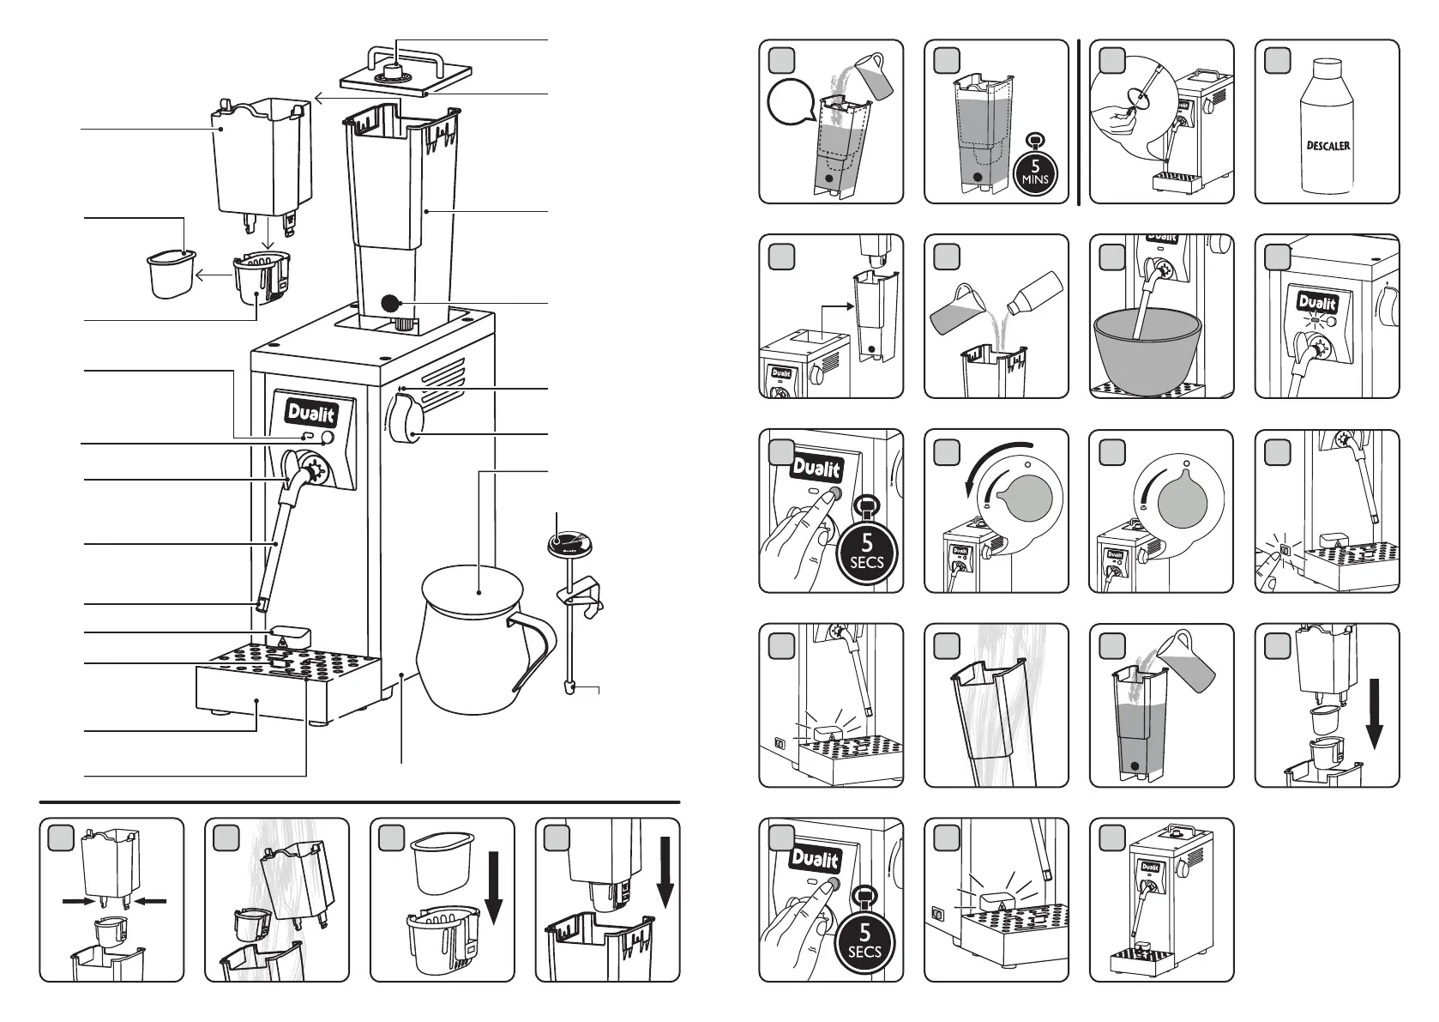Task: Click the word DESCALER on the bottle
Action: pyautogui.click(x=1327, y=145)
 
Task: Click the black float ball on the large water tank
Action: pyautogui.click(x=392, y=302)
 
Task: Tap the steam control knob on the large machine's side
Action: pyautogui.click(x=405, y=426)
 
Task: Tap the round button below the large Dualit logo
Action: pyautogui.click(x=328, y=438)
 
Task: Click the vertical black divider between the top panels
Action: pyautogui.click(x=1078, y=122)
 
